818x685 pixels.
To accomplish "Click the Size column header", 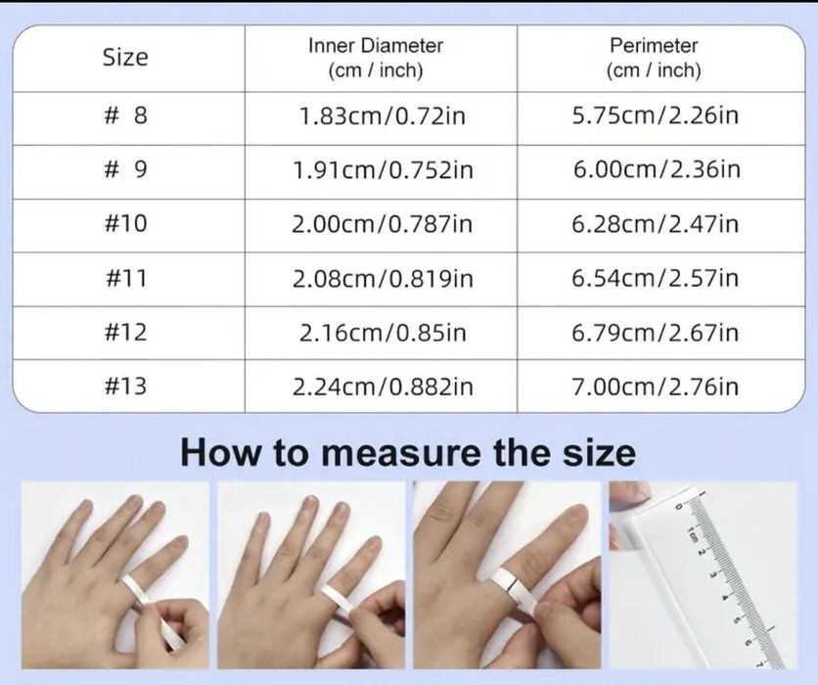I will pyautogui.click(x=125, y=58).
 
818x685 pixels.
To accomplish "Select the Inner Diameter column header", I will pyautogui.click(x=376, y=58).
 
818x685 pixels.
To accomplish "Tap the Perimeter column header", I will pyautogui.click(x=654, y=58).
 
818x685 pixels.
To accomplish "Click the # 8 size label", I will pyautogui.click(x=125, y=116).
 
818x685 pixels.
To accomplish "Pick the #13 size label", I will pyautogui.click(x=125, y=386).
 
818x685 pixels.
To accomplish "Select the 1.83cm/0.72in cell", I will pyautogui.click(x=382, y=116).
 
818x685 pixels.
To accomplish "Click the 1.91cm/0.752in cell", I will pyautogui.click(x=382, y=170).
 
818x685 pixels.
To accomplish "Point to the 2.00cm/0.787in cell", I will pyautogui.click(x=382, y=224).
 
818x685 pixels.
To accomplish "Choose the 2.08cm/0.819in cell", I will pyautogui.click(x=382, y=279).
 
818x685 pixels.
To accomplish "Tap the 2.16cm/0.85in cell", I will pyautogui.click(x=382, y=333).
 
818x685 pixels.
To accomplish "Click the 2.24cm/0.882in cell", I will pyautogui.click(x=382, y=387).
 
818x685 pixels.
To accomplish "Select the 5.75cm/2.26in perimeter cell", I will pyautogui.click(x=655, y=116).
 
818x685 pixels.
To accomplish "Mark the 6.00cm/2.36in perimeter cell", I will pyautogui.click(x=656, y=170).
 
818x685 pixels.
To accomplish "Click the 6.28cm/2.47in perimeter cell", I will pyautogui.click(x=655, y=224).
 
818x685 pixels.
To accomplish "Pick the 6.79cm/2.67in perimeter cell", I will pyautogui.click(x=655, y=333).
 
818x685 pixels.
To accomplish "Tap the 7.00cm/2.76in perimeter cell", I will pyautogui.click(x=655, y=387).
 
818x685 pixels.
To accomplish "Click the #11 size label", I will pyautogui.click(x=125, y=279).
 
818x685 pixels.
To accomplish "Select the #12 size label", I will pyautogui.click(x=125, y=333).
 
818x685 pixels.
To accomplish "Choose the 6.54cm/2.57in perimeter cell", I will pyautogui.click(x=655, y=279).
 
